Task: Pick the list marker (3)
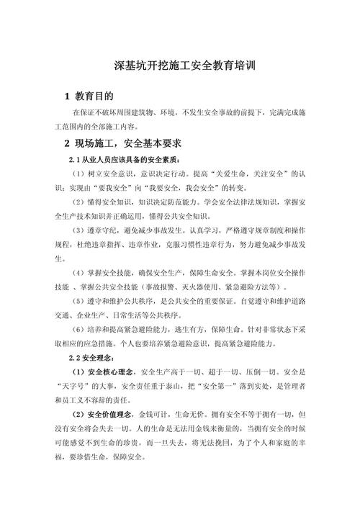[81, 230]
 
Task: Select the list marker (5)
[81, 299]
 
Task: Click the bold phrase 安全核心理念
[114, 371]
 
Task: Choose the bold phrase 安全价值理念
[114, 415]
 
